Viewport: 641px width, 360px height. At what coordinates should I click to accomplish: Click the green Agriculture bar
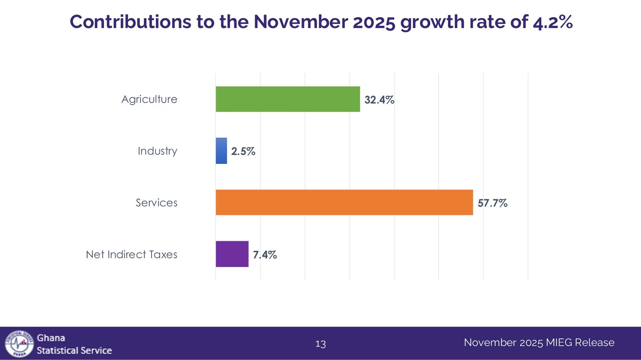[x=288, y=99]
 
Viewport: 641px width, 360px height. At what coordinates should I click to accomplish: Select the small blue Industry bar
[x=221, y=151]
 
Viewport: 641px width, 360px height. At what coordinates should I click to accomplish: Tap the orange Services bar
[x=344, y=202]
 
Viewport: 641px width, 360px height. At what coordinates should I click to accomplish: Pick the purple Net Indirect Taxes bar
[x=232, y=254]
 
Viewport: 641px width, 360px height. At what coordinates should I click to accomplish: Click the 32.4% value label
[x=379, y=100]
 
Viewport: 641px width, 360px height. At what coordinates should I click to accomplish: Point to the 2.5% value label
[x=243, y=151]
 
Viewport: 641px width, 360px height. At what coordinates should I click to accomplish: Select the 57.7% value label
[x=492, y=203]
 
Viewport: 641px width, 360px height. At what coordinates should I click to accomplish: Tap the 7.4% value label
[x=265, y=255]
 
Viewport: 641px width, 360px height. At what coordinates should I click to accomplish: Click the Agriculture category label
[x=149, y=99]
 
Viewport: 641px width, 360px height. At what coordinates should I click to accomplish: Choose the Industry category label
[x=157, y=151]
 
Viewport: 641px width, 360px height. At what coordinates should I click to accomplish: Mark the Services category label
[x=156, y=203]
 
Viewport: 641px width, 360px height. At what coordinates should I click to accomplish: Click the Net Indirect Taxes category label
[x=131, y=254]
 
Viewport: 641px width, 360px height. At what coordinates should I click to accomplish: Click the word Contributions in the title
[x=130, y=22]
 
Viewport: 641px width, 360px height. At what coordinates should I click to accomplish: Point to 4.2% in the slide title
[x=552, y=22]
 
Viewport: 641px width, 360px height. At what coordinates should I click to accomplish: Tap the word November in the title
[x=300, y=22]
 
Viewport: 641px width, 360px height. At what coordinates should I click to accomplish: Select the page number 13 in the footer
[x=320, y=344]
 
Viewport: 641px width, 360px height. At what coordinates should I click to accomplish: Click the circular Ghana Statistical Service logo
[x=19, y=344]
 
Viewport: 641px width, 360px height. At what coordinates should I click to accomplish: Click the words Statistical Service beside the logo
[x=74, y=350]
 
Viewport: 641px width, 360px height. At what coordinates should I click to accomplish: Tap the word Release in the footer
[x=595, y=342]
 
